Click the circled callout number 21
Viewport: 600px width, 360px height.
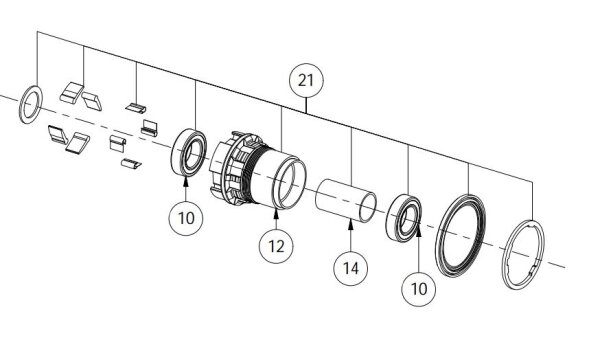coord(306,81)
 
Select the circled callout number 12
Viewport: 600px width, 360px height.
coord(276,246)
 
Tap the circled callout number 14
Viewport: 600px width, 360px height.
coord(351,268)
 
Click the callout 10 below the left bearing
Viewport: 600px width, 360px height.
coord(186,218)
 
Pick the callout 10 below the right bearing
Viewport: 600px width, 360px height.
coord(419,289)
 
